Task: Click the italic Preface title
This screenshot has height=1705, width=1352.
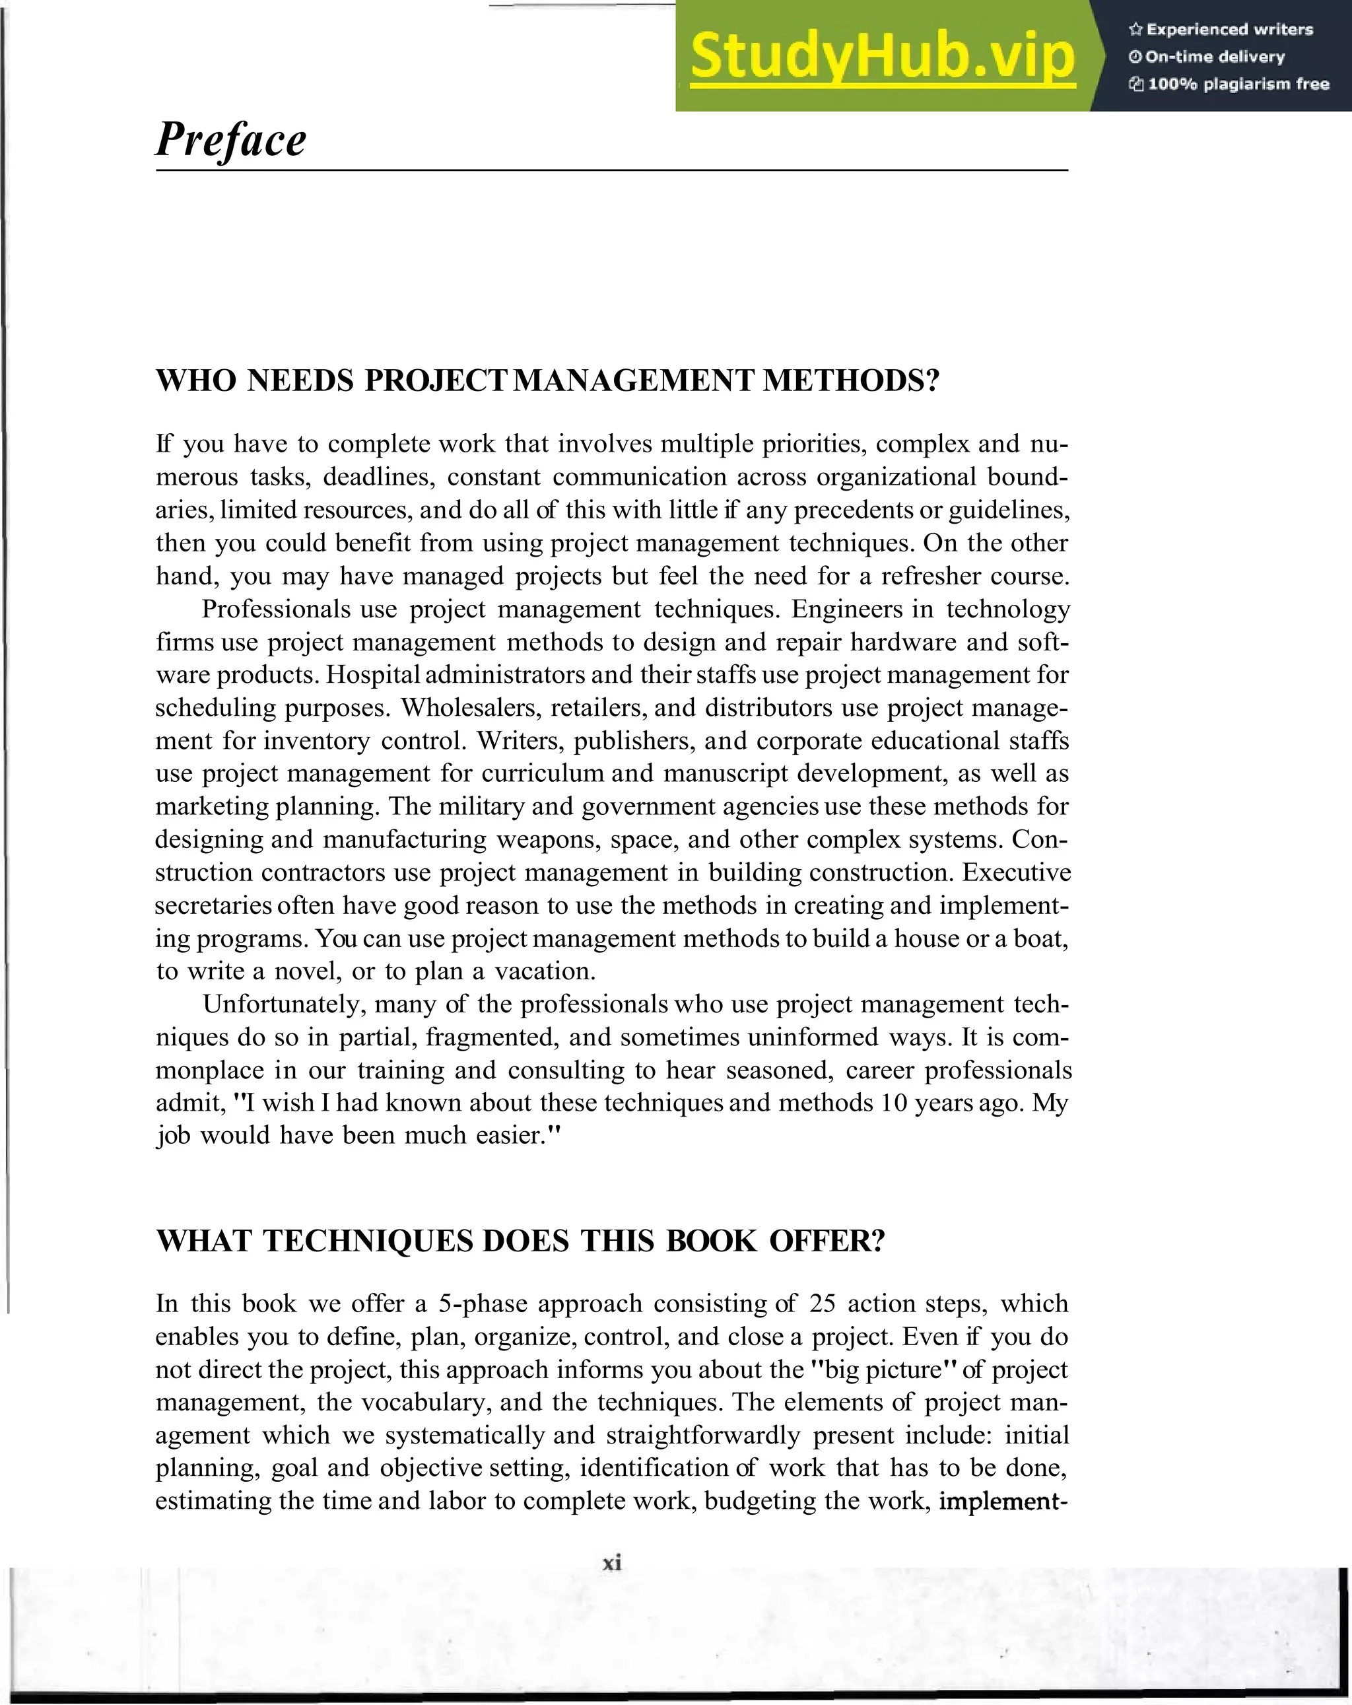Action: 230,140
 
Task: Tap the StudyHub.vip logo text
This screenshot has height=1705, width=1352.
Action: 883,57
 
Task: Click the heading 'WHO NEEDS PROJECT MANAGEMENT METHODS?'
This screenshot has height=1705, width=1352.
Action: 547,381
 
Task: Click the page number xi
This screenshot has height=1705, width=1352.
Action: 612,1562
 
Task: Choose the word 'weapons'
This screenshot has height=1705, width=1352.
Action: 545,839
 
